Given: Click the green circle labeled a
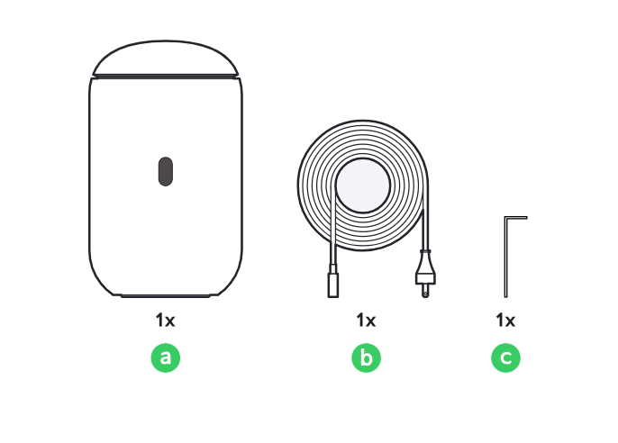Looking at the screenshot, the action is [x=166, y=357].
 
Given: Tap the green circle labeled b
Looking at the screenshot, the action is [x=366, y=357].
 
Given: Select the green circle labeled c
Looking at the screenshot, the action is [x=505, y=357].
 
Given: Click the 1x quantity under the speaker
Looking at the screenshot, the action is [x=165, y=321].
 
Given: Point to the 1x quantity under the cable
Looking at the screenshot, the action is [x=366, y=321].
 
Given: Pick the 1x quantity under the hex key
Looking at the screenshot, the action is [x=505, y=321].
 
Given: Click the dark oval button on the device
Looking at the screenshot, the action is [x=166, y=171].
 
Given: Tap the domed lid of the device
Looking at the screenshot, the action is [x=166, y=57].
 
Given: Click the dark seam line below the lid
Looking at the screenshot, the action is [x=166, y=76].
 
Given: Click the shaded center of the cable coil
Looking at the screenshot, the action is [x=363, y=185].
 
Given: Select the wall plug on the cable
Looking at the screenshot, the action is [x=425, y=275].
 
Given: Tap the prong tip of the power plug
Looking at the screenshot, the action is [x=425, y=294].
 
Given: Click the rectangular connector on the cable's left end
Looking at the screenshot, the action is [x=333, y=281].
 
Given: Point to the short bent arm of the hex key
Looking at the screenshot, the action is [x=516, y=217].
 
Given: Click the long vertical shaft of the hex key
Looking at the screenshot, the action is [x=506, y=257].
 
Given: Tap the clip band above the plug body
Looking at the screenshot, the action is [x=425, y=251].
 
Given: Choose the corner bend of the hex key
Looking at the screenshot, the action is [x=505, y=217].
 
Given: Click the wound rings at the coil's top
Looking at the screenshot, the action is [x=363, y=140].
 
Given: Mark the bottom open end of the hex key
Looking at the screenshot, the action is [x=506, y=296].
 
